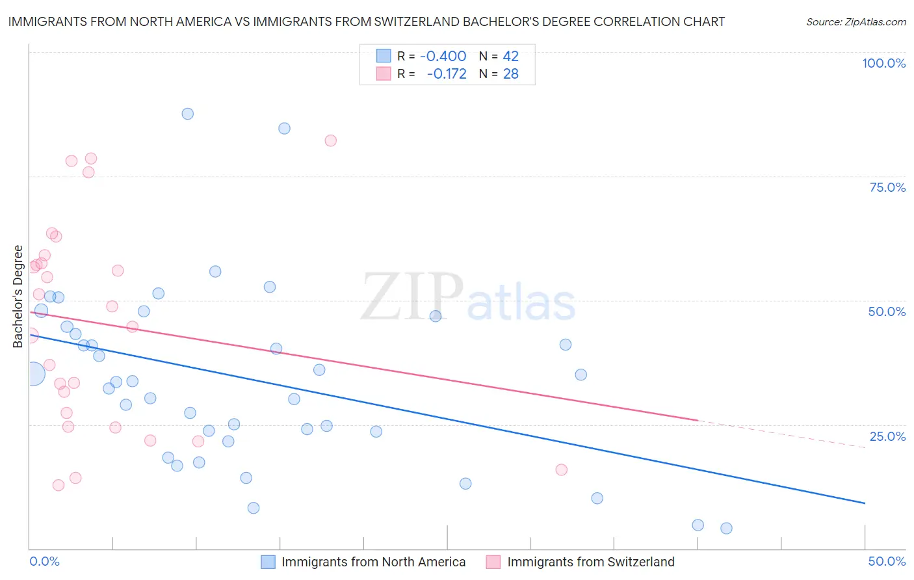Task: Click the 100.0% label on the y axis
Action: click(883, 63)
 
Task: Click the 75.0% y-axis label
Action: click(887, 187)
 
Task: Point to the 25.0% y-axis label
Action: click(887, 436)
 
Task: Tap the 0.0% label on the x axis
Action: click(44, 561)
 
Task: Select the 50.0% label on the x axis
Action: click(887, 561)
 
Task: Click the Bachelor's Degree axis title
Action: click(18, 296)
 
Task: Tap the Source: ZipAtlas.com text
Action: click(855, 21)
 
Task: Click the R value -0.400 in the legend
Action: click(443, 56)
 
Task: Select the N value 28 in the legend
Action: click(510, 73)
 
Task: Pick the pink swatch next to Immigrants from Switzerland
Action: click(493, 562)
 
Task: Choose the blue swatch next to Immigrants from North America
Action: click(268, 562)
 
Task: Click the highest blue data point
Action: click(187, 114)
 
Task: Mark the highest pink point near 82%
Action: click(330, 140)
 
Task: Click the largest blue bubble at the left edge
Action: click(33, 374)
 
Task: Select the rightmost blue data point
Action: click(726, 528)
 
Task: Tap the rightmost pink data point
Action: click(561, 469)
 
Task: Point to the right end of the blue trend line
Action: click(864, 503)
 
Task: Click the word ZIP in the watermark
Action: click(411, 298)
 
